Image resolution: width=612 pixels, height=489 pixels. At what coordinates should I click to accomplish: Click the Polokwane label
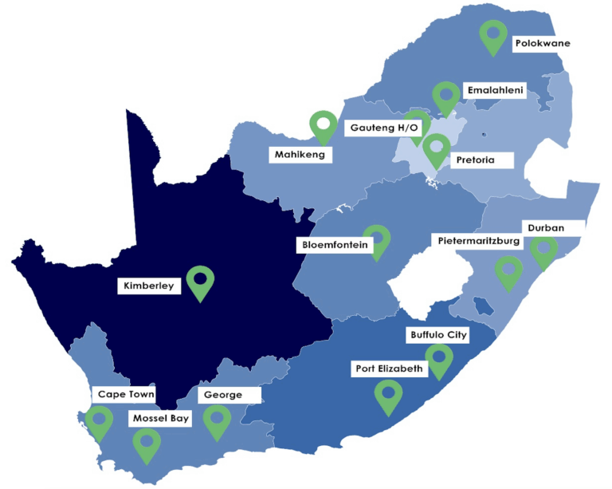543,43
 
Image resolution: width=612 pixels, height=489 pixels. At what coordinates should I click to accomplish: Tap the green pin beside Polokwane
494,35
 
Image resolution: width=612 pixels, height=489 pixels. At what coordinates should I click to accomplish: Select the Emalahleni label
495,91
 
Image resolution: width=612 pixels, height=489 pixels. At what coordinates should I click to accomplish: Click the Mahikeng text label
300,155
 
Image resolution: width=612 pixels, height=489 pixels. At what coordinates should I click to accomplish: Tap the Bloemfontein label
335,245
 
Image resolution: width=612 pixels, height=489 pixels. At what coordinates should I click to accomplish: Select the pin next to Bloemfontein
377,239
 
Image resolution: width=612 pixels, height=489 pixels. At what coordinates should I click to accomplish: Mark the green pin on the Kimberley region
200,281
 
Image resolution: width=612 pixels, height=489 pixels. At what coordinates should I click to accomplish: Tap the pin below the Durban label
544,251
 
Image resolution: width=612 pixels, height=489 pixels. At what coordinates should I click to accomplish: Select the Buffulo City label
437,335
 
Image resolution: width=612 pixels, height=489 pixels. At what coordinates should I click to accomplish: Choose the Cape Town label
125,394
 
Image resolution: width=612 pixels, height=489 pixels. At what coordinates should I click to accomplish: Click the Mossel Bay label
160,417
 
